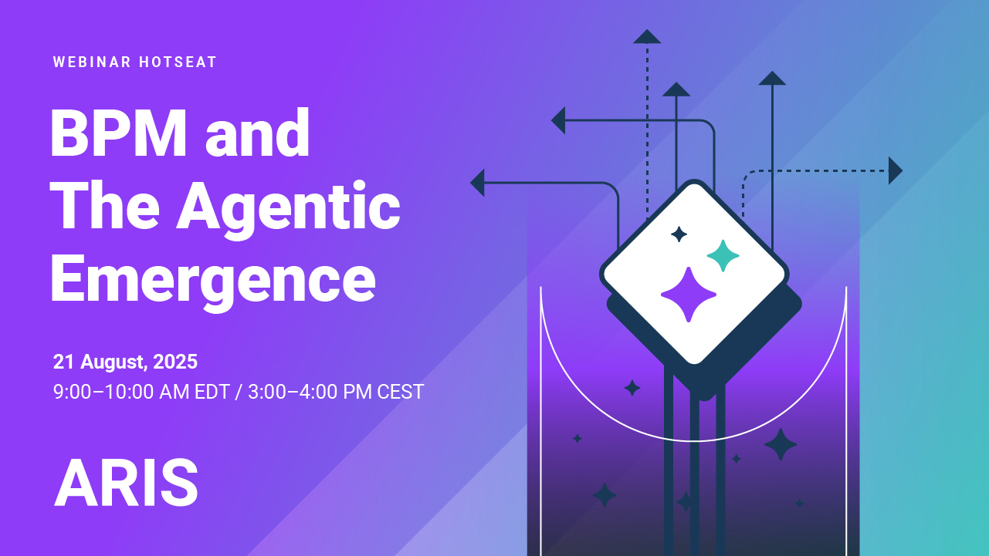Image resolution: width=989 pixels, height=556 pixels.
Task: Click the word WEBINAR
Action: click(x=92, y=62)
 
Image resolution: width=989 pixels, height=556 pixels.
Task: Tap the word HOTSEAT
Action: click(x=178, y=62)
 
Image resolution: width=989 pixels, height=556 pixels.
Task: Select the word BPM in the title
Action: click(x=119, y=133)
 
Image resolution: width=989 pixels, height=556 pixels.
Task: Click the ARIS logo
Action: click(x=126, y=483)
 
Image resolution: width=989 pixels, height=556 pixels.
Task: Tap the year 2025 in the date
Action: click(x=175, y=362)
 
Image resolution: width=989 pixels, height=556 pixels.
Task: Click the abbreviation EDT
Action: click(x=212, y=392)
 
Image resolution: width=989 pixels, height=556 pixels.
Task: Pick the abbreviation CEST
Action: click(x=401, y=392)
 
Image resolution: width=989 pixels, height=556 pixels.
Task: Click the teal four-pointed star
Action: click(x=723, y=256)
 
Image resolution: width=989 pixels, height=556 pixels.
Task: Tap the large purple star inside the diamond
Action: click(x=689, y=295)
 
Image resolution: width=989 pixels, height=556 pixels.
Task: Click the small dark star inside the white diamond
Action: click(x=679, y=234)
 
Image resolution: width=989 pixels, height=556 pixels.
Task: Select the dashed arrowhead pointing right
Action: click(x=896, y=170)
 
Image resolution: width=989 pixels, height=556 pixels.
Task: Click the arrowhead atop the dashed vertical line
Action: click(x=647, y=36)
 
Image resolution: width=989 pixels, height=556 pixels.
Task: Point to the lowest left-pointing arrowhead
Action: click(x=477, y=183)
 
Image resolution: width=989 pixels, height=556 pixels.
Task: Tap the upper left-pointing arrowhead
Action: click(x=558, y=120)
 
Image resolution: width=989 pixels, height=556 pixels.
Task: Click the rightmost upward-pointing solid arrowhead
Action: click(x=772, y=78)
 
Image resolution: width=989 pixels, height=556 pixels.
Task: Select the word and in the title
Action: click(x=257, y=133)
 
